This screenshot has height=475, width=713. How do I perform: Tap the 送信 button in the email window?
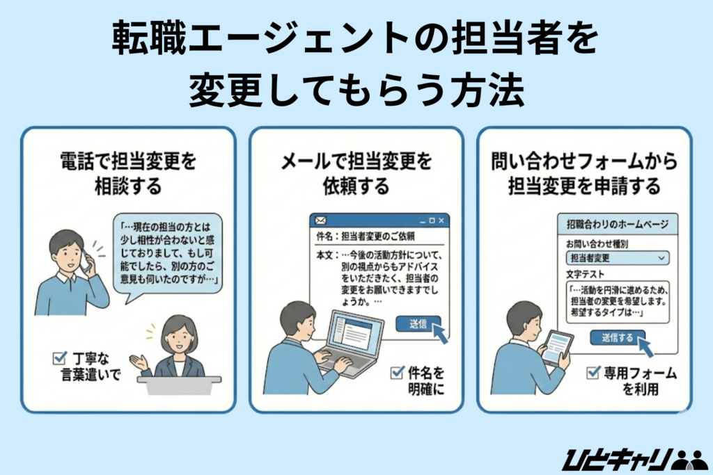[x=418, y=323]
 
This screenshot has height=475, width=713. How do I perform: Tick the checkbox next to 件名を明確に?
[x=398, y=373]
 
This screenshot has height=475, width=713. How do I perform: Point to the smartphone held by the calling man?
[x=85, y=261]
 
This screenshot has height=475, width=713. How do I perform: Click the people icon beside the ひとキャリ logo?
[x=690, y=459]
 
